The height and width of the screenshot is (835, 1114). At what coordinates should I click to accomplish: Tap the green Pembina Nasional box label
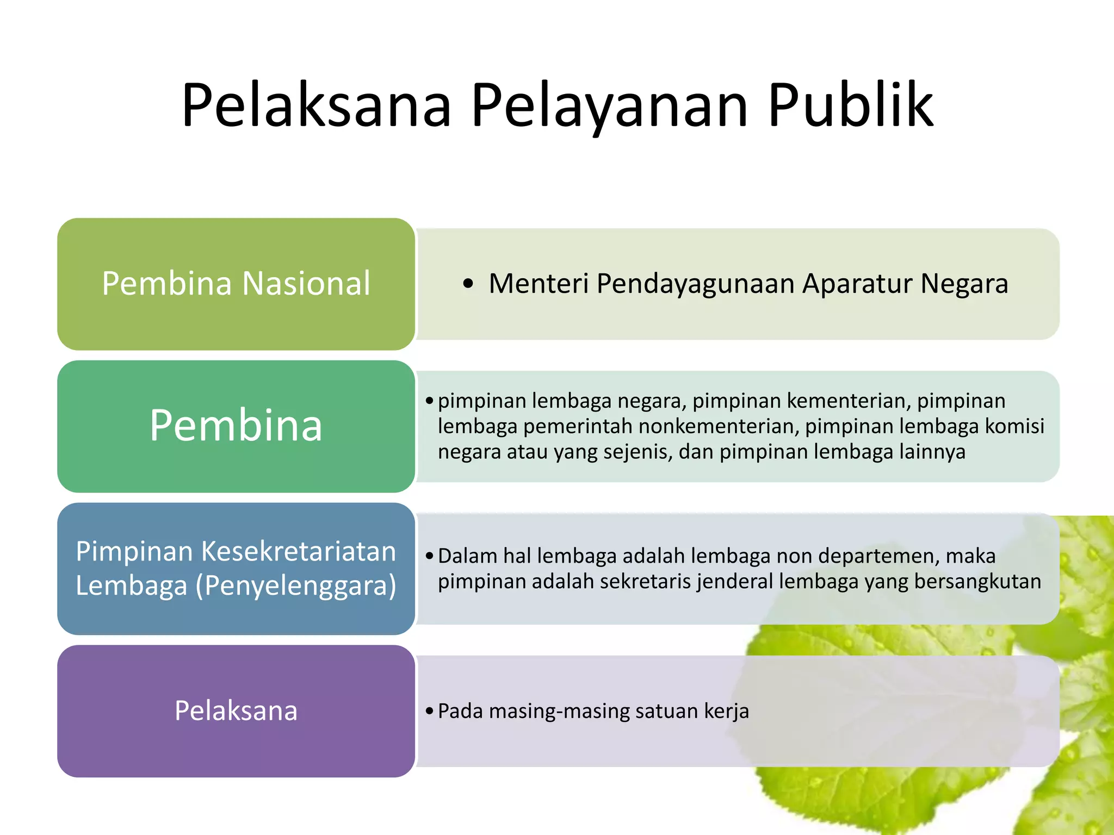click(236, 283)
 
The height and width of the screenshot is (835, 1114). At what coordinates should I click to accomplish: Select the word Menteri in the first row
click(538, 284)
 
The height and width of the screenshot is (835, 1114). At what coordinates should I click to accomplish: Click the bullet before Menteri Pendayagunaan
click(468, 284)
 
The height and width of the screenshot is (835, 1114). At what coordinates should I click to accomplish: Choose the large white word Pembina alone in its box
click(236, 425)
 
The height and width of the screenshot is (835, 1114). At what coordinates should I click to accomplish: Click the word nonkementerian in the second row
click(719, 426)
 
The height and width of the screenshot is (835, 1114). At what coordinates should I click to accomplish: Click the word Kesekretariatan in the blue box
click(299, 551)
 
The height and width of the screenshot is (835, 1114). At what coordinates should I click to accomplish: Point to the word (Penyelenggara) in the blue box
click(296, 585)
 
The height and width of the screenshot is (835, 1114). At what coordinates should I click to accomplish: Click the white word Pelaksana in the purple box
click(236, 711)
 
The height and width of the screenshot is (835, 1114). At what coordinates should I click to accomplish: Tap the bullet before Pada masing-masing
click(430, 711)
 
